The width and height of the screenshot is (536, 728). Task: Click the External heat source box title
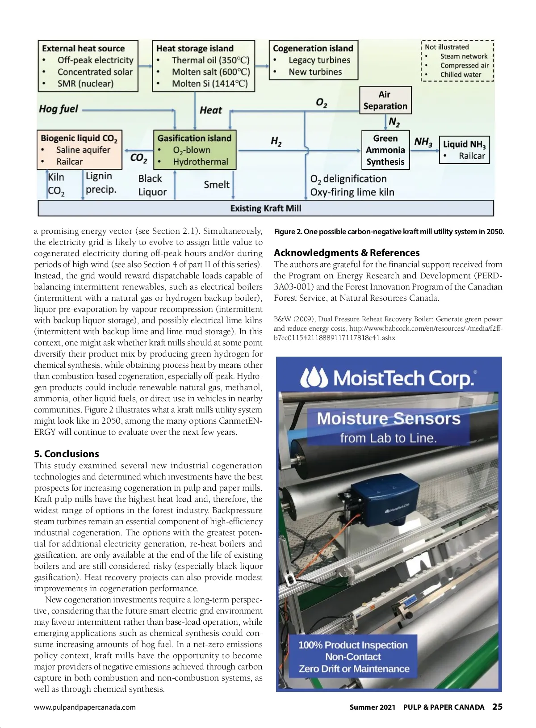click(x=84, y=48)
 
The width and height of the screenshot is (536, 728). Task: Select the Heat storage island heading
click(x=195, y=48)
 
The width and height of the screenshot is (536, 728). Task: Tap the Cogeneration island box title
click(x=313, y=48)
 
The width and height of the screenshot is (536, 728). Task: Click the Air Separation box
click(x=385, y=101)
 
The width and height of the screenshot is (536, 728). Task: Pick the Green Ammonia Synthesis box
click(x=385, y=150)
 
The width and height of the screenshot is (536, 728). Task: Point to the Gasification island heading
click(x=194, y=138)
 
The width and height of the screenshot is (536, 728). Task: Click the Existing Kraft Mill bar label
click(x=266, y=208)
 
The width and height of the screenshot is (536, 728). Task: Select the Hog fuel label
click(x=59, y=109)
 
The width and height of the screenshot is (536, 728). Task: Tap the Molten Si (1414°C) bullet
click(x=209, y=84)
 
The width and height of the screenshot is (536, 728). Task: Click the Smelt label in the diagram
click(x=217, y=185)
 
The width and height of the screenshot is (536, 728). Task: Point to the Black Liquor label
click(x=152, y=185)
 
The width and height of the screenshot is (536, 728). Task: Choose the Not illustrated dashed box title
click(x=447, y=47)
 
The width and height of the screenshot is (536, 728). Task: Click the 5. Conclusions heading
click(x=67, y=454)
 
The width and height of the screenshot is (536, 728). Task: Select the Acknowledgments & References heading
click(x=347, y=252)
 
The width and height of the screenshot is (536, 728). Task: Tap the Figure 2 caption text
click(x=389, y=231)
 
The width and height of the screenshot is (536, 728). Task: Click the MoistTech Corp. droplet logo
click(x=314, y=378)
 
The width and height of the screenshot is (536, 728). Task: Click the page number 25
click(x=497, y=707)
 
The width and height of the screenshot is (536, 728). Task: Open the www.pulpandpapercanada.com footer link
click(x=85, y=707)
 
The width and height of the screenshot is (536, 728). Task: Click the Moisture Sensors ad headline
click(x=389, y=419)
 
